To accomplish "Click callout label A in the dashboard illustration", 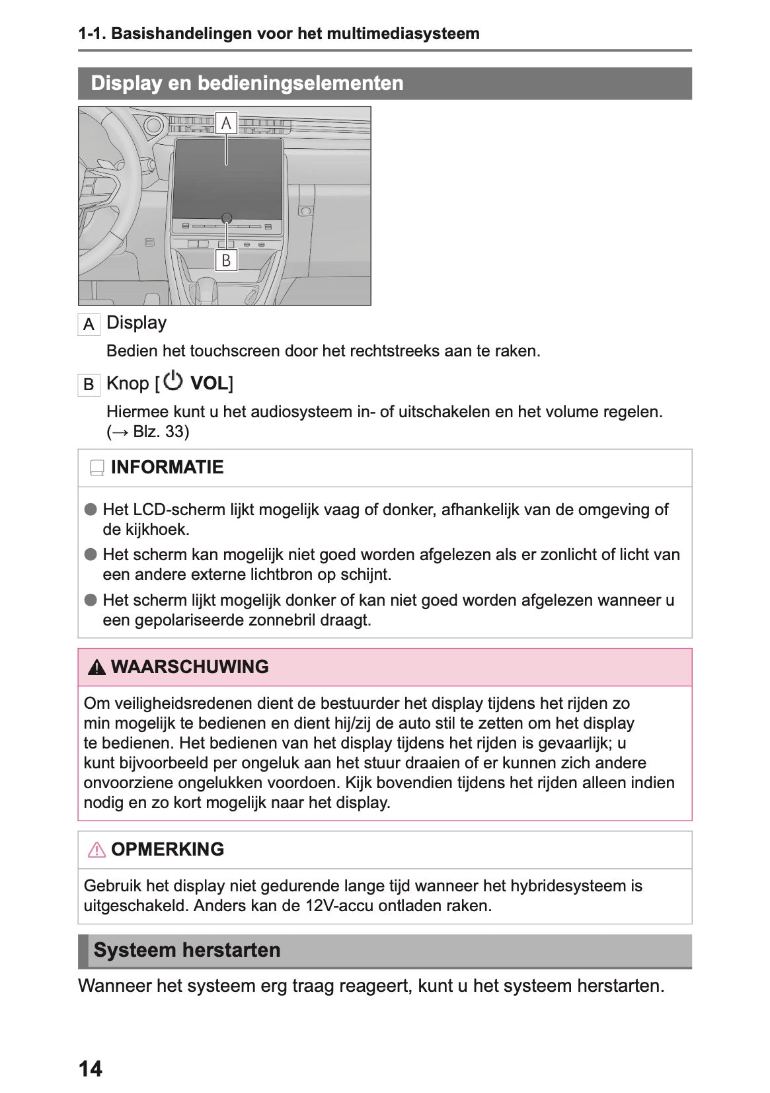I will pyautogui.click(x=226, y=123).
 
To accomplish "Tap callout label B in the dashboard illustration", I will pyautogui.click(x=226, y=260).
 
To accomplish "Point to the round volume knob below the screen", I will pyautogui.click(x=227, y=218).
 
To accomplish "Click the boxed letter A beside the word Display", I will pyautogui.click(x=89, y=325).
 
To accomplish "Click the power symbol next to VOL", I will pyautogui.click(x=173, y=381).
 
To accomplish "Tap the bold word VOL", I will pyautogui.click(x=209, y=384).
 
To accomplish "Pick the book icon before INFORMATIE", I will pyautogui.click(x=97, y=468).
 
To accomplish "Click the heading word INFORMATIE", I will pyautogui.click(x=167, y=467).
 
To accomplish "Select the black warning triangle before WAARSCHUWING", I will pyautogui.click(x=96, y=668).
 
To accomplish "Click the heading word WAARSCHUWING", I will pyautogui.click(x=190, y=667).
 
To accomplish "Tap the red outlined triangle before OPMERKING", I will pyautogui.click(x=96, y=850).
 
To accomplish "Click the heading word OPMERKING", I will pyautogui.click(x=167, y=849).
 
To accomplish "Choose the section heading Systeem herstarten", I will pyautogui.click(x=187, y=950).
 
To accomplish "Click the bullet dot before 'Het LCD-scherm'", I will pyautogui.click(x=91, y=510).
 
